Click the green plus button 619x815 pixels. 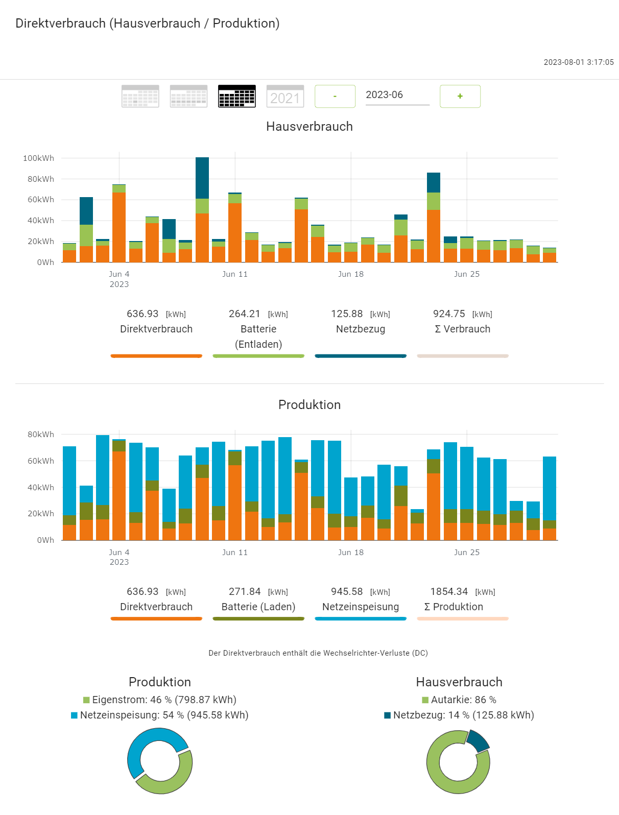460,96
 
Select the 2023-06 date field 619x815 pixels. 397,95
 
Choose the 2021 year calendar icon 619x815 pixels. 285,96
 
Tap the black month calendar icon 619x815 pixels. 236,96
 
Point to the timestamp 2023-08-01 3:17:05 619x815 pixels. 578,62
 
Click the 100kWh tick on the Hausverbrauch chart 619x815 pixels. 38,158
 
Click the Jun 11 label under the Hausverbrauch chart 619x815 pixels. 235,274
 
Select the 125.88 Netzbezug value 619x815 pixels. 347,314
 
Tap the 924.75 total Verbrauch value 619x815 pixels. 449,314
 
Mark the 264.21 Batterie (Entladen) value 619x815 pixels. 245,314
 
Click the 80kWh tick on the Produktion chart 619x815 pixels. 41,435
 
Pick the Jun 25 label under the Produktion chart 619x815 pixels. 467,553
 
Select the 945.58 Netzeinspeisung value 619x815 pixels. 347,591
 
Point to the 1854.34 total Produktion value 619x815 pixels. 449,591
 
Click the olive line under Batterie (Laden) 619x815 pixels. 258,619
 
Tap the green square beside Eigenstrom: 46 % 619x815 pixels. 87,700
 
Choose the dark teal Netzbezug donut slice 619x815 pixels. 478,740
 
